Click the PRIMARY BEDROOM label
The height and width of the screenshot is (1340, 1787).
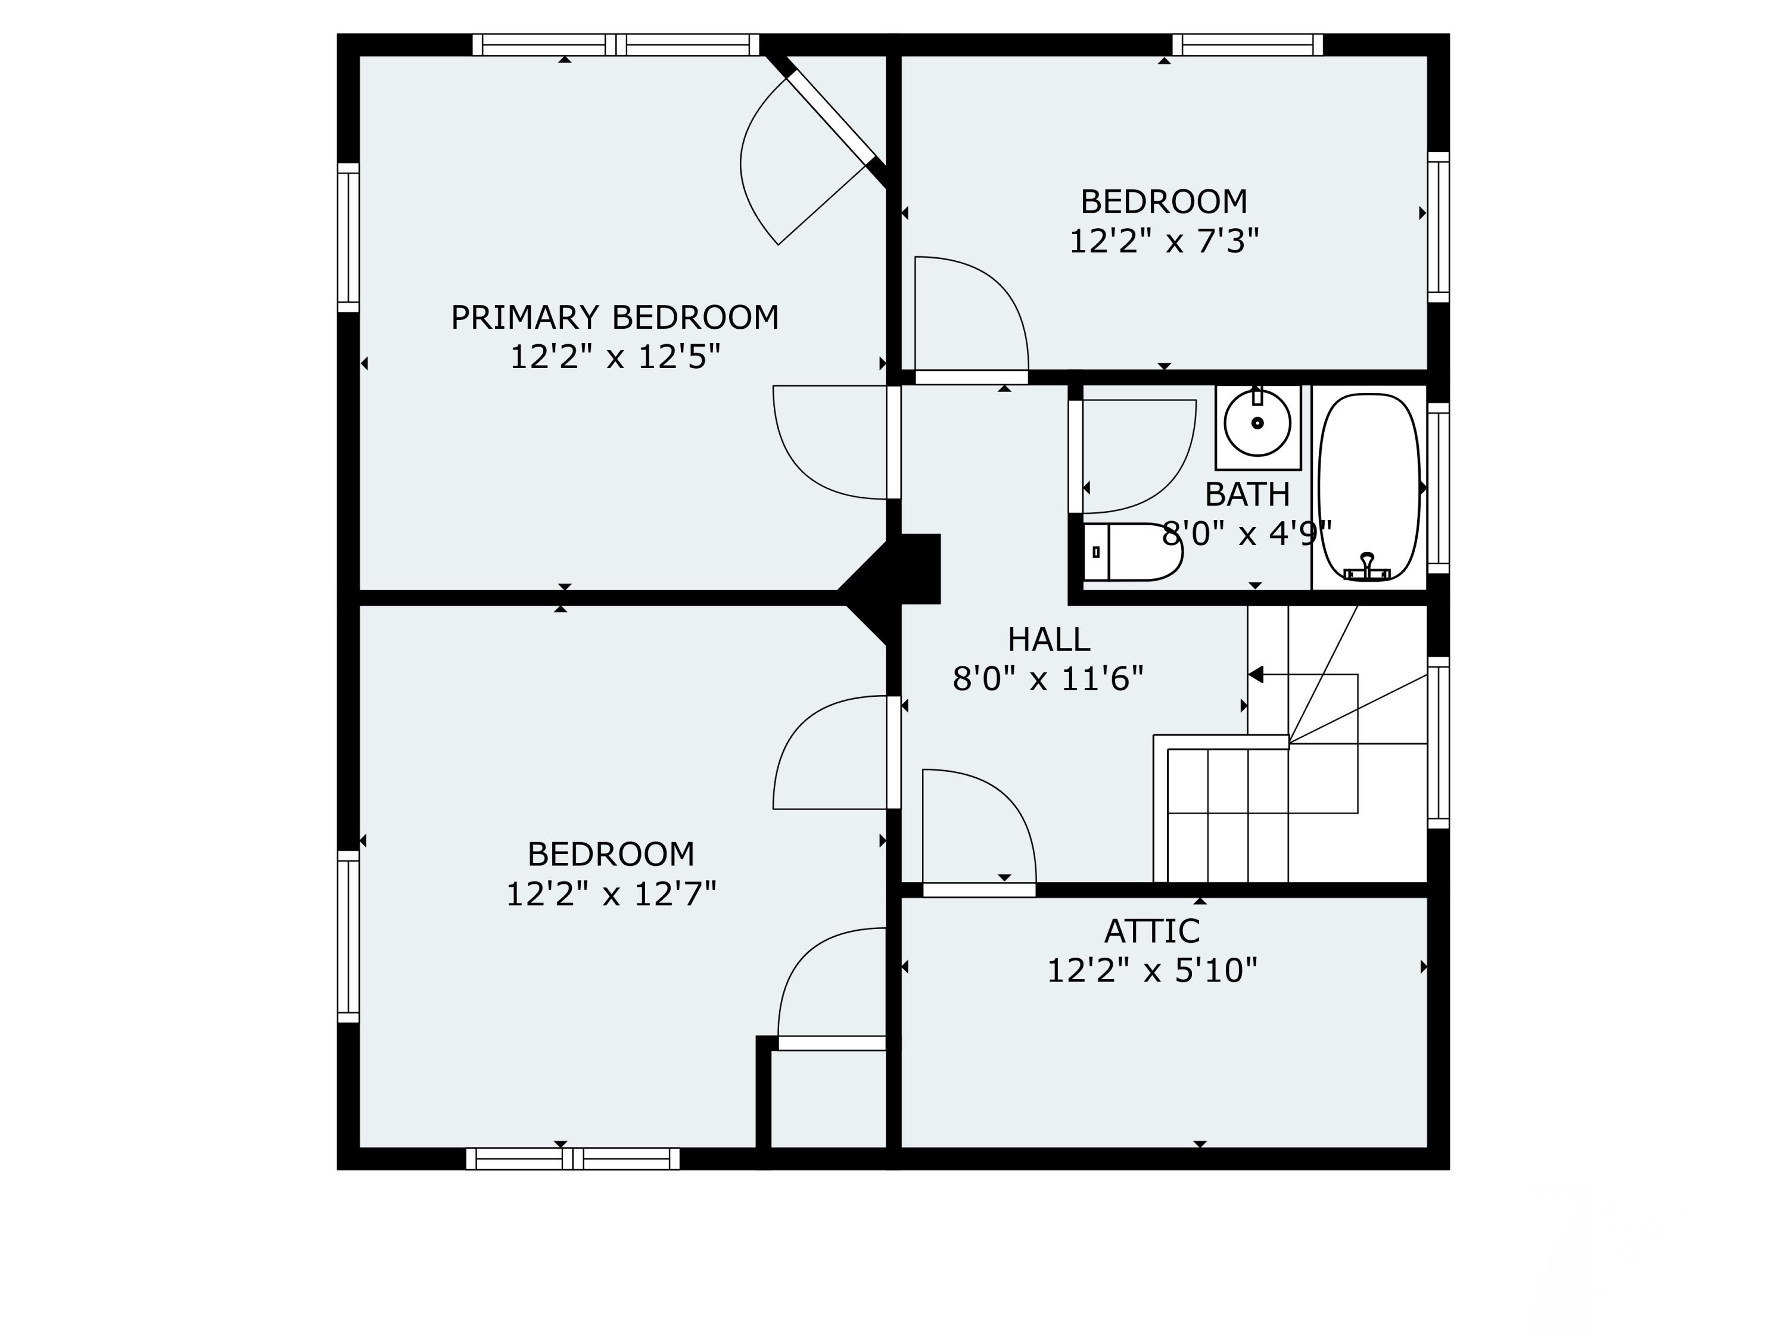point(614,317)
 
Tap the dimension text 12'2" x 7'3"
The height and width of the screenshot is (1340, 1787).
point(1163,241)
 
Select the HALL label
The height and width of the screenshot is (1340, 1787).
point(1048,640)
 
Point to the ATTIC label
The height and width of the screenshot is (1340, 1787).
point(1151,931)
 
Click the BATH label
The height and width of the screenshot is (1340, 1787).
point(1247,494)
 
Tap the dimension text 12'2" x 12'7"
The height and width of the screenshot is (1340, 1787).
point(611,894)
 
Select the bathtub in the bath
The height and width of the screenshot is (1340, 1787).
point(1368,487)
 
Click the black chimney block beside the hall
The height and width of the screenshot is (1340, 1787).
point(917,569)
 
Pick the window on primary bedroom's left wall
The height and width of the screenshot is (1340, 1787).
point(348,238)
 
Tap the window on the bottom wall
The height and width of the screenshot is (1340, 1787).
point(573,1159)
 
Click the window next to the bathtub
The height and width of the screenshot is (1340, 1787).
point(1438,488)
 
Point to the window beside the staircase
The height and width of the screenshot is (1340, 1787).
point(1438,742)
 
